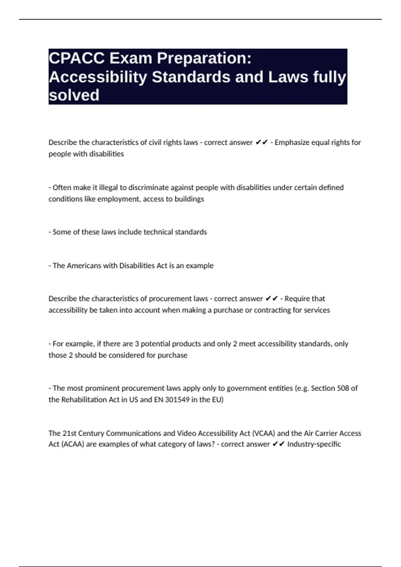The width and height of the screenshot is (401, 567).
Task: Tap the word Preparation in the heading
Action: [x=204, y=59]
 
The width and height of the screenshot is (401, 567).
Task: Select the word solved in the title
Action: [x=74, y=95]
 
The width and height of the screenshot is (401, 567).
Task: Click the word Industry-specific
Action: [x=314, y=444]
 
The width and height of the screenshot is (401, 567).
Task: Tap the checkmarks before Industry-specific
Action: [x=278, y=444]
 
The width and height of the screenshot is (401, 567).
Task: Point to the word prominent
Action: [x=103, y=388]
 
